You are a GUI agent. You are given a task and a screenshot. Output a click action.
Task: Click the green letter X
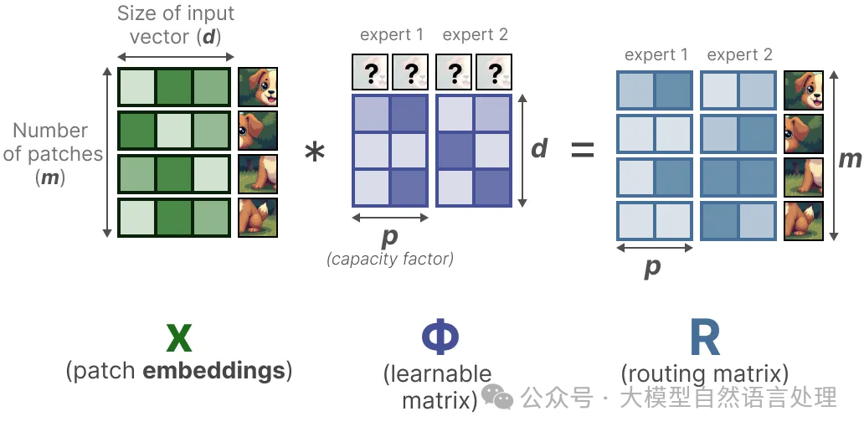[x=178, y=338]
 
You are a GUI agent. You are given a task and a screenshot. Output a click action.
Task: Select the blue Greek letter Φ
[x=440, y=338]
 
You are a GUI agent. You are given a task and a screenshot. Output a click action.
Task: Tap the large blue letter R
[x=704, y=338]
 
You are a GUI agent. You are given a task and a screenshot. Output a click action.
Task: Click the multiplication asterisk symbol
[x=315, y=153]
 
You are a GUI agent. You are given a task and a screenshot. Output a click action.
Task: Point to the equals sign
[x=582, y=152]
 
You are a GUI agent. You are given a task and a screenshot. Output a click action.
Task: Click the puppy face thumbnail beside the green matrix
[x=257, y=87]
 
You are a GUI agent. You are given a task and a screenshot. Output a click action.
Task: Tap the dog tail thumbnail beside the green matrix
[x=257, y=217]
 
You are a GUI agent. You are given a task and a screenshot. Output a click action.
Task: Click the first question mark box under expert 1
[x=369, y=74]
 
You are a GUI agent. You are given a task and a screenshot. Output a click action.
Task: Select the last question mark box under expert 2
[x=495, y=74]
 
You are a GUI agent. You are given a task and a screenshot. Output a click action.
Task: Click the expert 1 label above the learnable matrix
[x=391, y=35]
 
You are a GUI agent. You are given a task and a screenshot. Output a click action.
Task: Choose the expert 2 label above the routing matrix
[x=739, y=55]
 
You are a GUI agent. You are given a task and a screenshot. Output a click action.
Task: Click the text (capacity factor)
[x=389, y=259]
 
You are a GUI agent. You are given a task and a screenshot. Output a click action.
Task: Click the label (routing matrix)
[x=705, y=373]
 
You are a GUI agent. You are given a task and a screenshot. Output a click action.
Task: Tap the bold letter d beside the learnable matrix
[x=540, y=148]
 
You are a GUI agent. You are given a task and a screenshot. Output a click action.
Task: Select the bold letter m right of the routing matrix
[x=851, y=158]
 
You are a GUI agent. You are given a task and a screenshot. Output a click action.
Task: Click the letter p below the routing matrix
[x=652, y=267]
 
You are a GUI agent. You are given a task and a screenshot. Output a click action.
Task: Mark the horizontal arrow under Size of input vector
[x=174, y=56]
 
